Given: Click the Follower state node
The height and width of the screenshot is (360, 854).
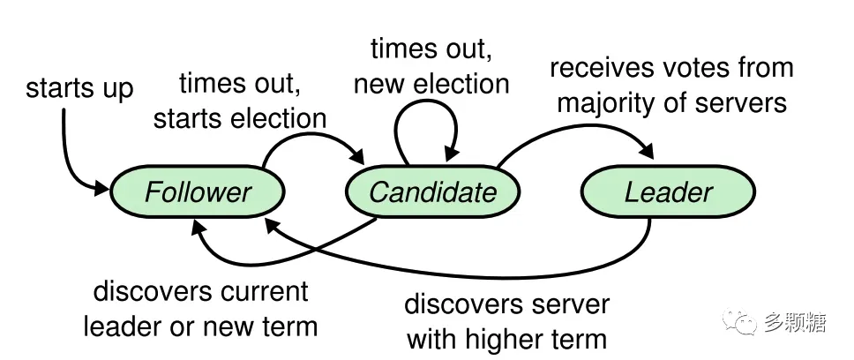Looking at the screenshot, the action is click(197, 191).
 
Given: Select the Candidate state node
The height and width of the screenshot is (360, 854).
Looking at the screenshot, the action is click(433, 191).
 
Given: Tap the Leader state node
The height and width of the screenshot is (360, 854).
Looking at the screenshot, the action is click(668, 191).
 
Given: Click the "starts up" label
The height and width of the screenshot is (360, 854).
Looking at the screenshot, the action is click(79, 87).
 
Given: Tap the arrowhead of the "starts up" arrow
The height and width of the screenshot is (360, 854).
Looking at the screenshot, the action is click(101, 189).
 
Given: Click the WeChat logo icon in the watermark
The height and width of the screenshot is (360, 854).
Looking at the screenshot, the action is click(739, 321).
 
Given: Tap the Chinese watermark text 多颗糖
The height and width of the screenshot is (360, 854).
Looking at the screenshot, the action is click(795, 322).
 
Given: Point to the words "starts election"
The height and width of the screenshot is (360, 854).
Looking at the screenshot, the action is click(240, 119).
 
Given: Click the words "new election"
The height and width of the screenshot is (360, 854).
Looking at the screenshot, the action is click(431, 84).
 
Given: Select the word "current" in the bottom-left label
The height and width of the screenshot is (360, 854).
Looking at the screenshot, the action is click(263, 292).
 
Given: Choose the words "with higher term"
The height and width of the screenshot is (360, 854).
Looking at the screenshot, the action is click(507, 340).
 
